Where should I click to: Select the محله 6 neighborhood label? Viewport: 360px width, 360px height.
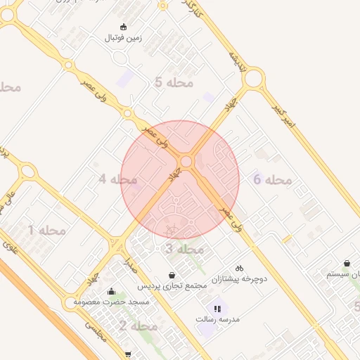pos(272,180)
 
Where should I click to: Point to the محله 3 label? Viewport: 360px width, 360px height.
pos(184,249)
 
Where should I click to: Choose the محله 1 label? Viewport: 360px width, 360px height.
pos(46,230)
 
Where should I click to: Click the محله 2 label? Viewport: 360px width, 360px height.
pos(138,326)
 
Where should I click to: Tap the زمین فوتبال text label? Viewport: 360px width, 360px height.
pos(124,37)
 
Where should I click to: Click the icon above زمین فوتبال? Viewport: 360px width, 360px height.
pos(124,27)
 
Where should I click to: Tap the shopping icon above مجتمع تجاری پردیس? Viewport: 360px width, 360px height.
pos(172,275)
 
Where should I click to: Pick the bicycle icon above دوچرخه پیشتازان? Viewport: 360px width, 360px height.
pos(239,268)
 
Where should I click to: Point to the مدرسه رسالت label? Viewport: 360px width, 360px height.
pos(218,319)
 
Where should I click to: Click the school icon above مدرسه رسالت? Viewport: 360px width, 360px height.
pos(217,308)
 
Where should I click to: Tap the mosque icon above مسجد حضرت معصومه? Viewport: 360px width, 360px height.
pos(111,291)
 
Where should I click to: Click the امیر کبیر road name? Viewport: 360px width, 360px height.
pos(285,117)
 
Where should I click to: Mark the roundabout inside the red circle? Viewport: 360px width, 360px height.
pos(186,162)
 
